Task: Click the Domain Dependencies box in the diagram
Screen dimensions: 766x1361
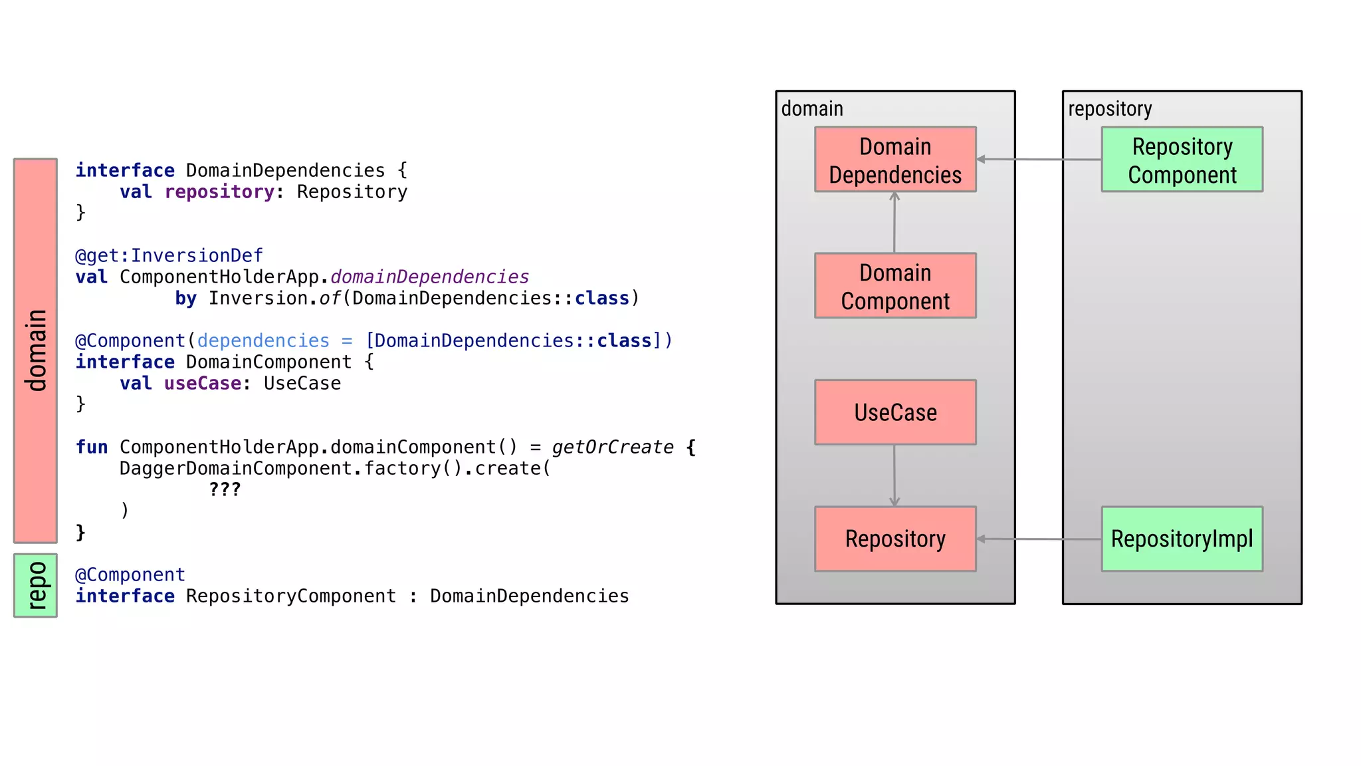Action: point(895,160)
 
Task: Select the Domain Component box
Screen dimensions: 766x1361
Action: point(895,286)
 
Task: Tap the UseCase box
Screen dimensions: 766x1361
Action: point(895,412)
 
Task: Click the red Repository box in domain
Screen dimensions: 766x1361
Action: point(895,539)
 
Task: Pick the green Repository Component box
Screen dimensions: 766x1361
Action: point(1182,160)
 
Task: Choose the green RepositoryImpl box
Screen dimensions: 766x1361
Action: point(1182,539)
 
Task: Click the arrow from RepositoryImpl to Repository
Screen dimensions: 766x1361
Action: point(1039,539)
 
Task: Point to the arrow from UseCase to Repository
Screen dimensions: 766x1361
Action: point(894,475)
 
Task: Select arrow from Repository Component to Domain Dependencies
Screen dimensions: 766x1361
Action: point(1039,160)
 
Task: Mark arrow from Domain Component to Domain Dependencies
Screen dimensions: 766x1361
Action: point(894,222)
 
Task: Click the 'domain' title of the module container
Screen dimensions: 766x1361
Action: point(812,108)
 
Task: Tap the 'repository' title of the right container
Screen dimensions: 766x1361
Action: point(1110,108)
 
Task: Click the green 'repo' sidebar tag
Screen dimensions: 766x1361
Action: point(35,585)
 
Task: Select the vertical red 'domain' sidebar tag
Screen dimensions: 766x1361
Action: point(35,350)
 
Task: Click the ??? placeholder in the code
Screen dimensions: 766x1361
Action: point(225,489)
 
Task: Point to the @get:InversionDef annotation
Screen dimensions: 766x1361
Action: point(169,255)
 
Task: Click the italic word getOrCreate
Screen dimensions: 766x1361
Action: point(612,447)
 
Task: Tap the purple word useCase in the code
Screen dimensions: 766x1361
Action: point(203,383)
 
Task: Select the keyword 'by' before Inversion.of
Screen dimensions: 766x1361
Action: point(185,298)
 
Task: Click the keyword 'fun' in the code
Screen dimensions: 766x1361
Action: point(91,447)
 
